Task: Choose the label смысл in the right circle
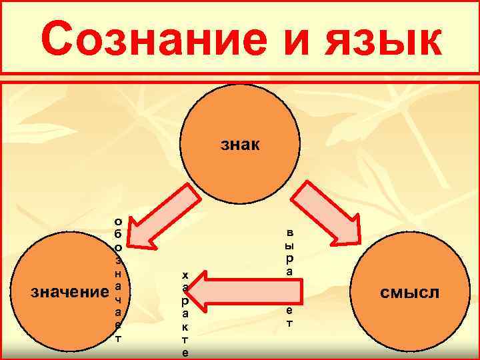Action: point(410,291)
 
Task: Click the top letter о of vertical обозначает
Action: point(118,221)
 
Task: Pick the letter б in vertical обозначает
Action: point(118,233)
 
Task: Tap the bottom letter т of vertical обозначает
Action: point(118,337)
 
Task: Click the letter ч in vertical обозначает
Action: point(118,298)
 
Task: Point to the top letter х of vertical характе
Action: point(185,274)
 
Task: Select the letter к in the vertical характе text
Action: point(185,327)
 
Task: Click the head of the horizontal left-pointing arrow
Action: point(209,291)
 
